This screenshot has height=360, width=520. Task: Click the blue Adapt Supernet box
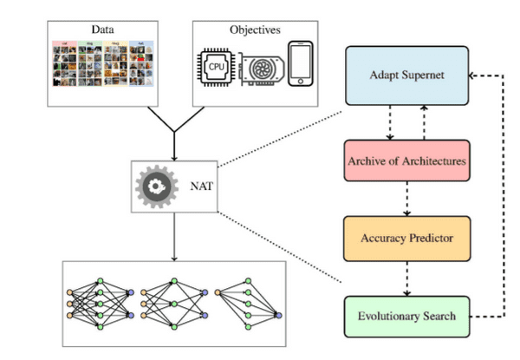(x=406, y=75)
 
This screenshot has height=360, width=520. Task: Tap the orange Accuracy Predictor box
(x=406, y=236)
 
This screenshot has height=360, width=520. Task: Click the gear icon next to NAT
(x=157, y=185)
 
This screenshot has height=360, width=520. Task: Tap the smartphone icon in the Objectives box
(x=300, y=62)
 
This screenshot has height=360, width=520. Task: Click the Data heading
(x=103, y=29)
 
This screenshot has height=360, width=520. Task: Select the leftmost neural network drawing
(x=100, y=304)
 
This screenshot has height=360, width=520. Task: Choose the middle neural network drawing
(x=172, y=304)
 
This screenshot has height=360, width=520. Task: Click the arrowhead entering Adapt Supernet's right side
(x=471, y=75)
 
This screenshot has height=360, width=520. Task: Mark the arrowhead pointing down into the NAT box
(x=174, y=156)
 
